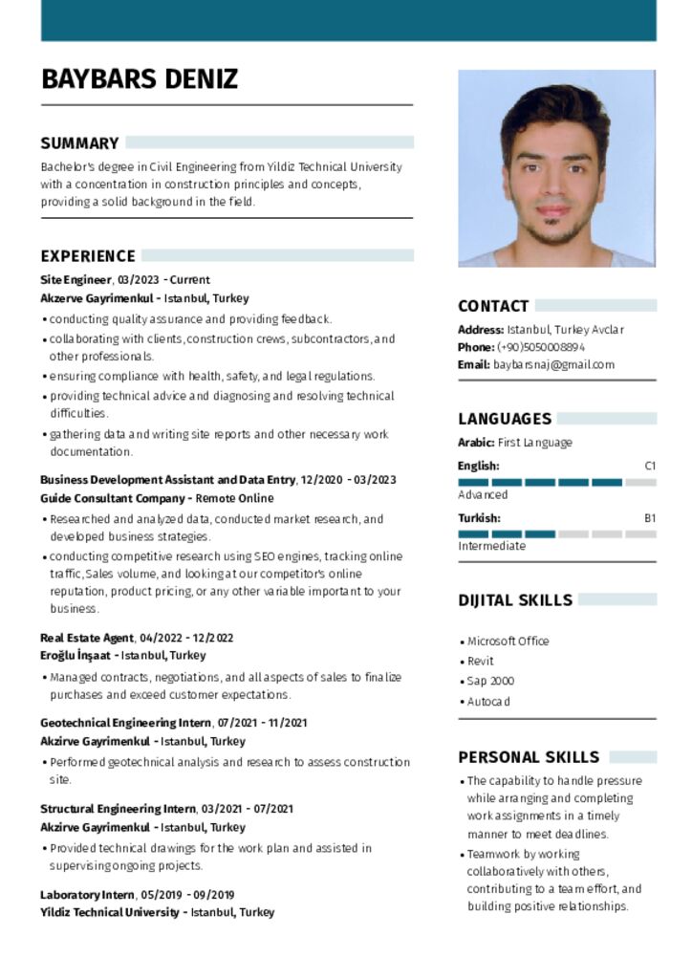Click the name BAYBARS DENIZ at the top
tap(140, 78)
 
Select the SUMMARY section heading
tap(79, 143)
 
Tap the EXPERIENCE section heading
tap(88, 256)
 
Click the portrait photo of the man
tap(556, 168)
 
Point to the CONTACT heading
tap(493, 307)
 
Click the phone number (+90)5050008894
tap(541, 347)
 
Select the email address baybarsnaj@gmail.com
tap(553, 364)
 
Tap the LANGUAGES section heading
tap(505, 419)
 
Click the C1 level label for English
tap(650, 466)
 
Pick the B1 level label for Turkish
tap(650, 518)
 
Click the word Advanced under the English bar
tap(483, 495)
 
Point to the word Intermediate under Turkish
tap(491, 546)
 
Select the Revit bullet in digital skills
tap(480, 661)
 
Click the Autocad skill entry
tap(488, 701)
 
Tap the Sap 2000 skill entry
tap(490, 681)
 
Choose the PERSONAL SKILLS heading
tap(529, 757)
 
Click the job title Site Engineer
tap(76, 280)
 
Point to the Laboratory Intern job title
tap(87, 895)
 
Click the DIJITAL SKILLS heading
tap(515, 600)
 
